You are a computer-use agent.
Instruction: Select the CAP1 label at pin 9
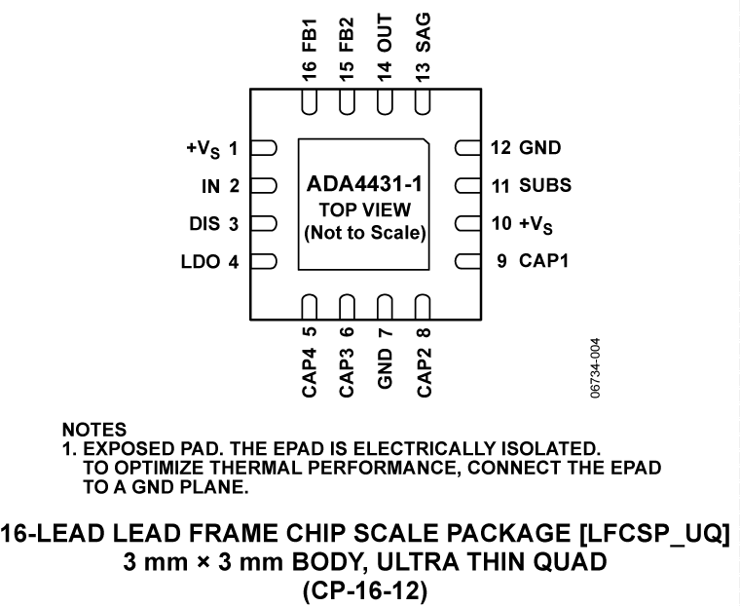[543, 261]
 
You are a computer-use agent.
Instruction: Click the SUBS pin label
[545, 185]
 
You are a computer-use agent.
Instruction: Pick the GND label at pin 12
[539, 149]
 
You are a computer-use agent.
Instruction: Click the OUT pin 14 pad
[385, 102]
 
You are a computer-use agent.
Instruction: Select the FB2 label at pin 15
[347, 31]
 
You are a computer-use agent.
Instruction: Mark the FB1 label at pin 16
[309, 31]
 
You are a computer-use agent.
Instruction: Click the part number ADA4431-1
[365, 185]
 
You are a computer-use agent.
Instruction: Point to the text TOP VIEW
[365, 209]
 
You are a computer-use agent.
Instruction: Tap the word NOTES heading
[94, 429]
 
